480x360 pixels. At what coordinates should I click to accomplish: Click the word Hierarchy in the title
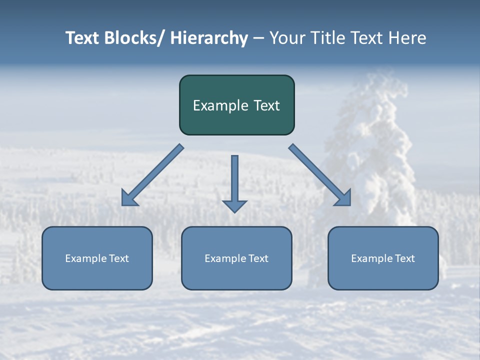click(209, 38)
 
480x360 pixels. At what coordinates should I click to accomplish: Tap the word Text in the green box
click(266, 105)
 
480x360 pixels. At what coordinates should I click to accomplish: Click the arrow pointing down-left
click(152, 175)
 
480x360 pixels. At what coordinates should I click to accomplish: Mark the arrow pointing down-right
click(320, 175)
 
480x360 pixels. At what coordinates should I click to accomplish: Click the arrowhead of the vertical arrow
click(234, 205)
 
